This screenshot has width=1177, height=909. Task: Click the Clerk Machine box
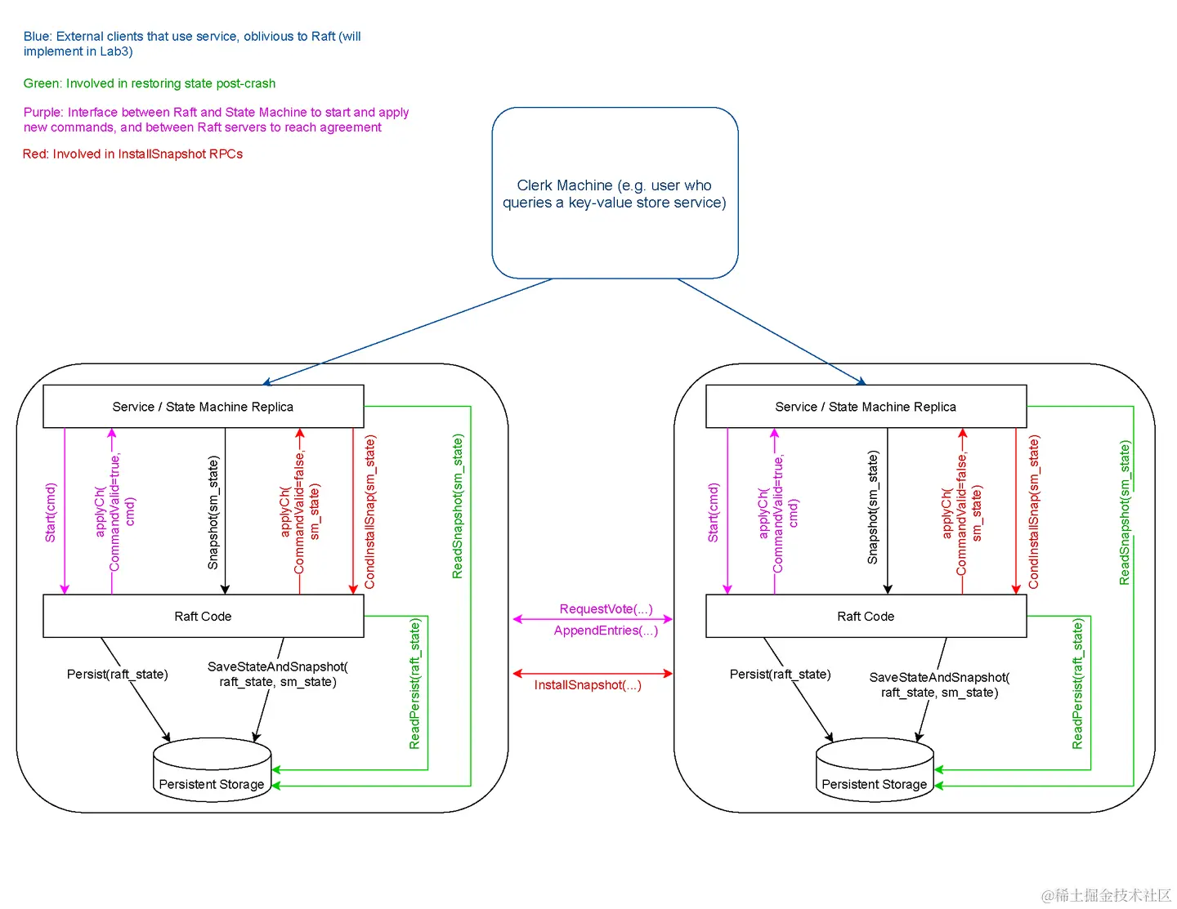[x=615, y=194]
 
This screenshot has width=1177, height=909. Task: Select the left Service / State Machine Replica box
[x=203, y=407]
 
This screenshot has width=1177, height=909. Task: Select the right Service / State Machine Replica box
[x=866, y=407]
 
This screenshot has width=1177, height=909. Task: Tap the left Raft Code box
[x=203, y=617]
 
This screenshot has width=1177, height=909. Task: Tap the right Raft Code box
[x=866, y=617]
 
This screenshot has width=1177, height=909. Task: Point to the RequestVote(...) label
[x=606, y=609]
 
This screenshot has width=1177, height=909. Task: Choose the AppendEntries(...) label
[x=606, y=631]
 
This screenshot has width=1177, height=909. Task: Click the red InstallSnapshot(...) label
[x=588, y=685]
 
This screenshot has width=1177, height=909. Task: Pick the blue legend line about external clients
[x=192, y=44]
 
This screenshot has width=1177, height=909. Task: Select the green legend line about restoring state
[x=150, y=83]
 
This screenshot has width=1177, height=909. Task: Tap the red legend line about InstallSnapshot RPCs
[x=132, y=154]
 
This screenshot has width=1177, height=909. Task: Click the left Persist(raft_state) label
[x=118, y=674]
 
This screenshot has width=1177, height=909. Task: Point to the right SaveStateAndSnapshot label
[x=939, y=685]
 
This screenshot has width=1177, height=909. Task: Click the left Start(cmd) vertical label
[x=51, y=513]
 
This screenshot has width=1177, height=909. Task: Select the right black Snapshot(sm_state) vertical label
[x=873, y=507]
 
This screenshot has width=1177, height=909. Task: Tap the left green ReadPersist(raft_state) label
[x=414, y=684]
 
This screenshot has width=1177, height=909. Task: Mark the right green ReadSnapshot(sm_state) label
[x=1125, y=513]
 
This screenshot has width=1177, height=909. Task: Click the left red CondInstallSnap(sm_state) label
[x=370, y=512]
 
